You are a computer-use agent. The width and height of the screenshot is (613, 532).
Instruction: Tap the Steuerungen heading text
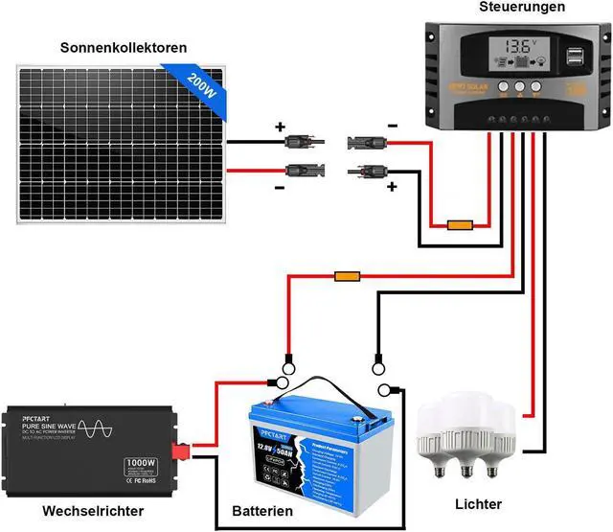[521, 8]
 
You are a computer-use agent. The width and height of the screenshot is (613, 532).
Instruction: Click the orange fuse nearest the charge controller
[460, 226]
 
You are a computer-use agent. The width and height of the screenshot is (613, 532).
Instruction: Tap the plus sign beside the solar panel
[281, 127]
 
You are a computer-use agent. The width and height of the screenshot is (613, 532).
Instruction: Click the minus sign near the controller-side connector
[391, 126]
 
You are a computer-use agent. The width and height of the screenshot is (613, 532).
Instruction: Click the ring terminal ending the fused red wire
[284, 363]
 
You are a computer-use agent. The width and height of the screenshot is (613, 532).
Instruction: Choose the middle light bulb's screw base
[467, 474]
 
